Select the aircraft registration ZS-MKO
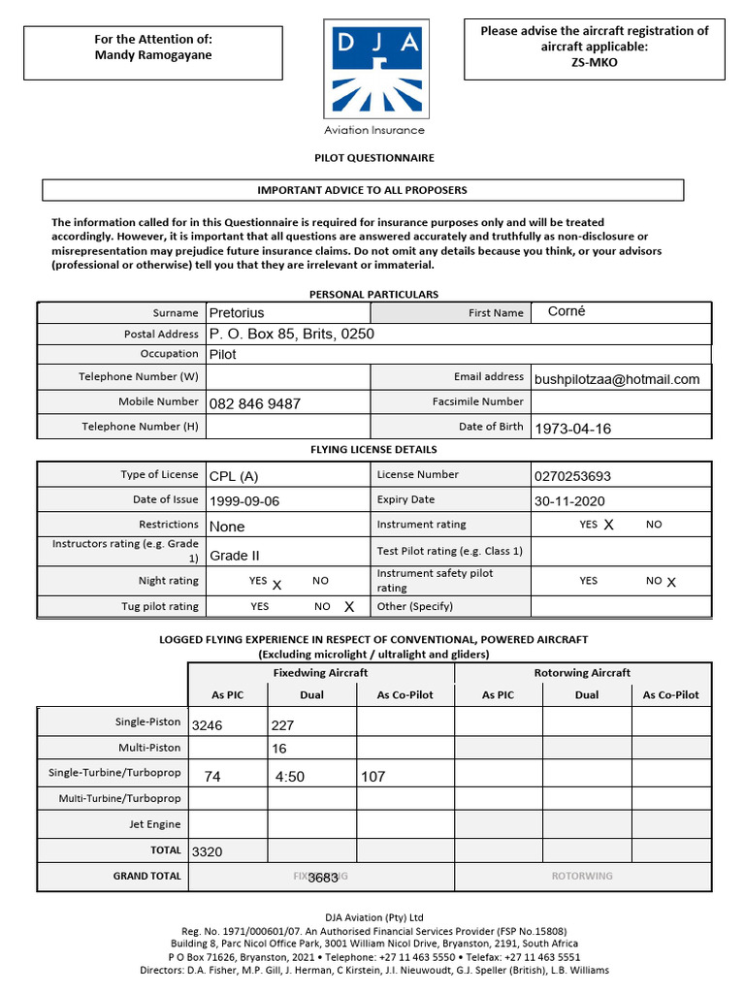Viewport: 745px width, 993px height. tap(594, 63)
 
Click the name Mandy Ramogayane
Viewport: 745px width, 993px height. tap(152, 55)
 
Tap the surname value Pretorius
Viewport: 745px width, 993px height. tap(237, 313)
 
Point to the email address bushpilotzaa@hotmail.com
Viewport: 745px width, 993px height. tap(617, 379)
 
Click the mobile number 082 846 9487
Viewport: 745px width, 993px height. tap(255, 403)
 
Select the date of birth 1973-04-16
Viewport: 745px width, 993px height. tap(572, 429)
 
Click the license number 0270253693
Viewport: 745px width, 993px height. tap(572, 476)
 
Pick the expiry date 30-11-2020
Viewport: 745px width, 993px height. tap(569, 501)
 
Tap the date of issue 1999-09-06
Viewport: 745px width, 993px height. tap(244, 501)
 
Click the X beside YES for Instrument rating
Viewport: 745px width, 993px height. tap(609, 525)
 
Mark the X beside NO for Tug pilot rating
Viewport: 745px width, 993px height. tap(349, 607)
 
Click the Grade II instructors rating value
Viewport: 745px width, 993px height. tap(235, 556)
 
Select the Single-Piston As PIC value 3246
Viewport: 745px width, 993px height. tap(208, 725)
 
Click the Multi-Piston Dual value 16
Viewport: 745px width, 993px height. tap(279, 749)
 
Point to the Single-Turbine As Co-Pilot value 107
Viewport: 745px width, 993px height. tap(372, 777)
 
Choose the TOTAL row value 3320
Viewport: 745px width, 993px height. tap(208, 852)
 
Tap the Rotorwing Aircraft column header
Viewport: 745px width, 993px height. tap(582, 673)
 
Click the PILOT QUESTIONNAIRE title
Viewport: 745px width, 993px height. tap(373, 158)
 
